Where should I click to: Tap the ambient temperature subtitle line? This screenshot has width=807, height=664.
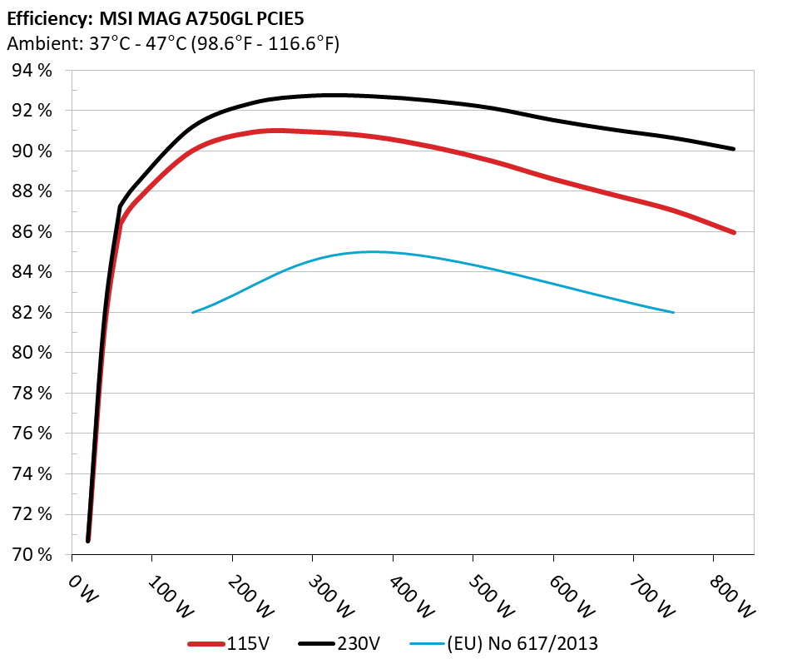[173, 42]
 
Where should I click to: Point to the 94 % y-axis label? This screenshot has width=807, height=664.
[32, 71]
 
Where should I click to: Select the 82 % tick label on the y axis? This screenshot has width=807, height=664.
[32, 313]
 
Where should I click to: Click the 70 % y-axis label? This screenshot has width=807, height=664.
[32, 555]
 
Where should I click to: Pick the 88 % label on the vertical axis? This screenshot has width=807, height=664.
[32, 191]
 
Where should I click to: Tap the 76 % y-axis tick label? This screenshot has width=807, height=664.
[32, 434]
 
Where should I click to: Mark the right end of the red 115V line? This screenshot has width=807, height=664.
[735, 233]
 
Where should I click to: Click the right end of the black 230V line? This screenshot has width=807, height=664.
[735, 149]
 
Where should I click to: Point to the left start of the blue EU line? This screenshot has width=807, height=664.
[193, 313]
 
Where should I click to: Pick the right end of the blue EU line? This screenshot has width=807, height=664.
[673, 313]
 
